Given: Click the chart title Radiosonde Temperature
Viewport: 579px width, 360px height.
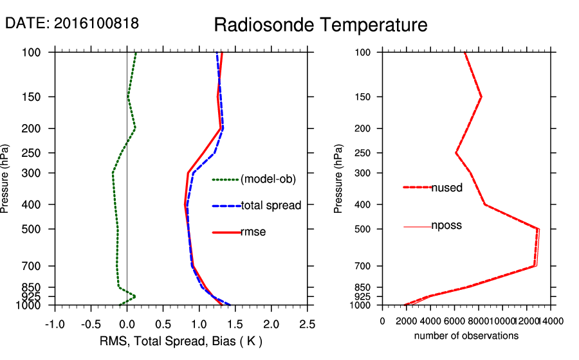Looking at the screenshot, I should [320, 25].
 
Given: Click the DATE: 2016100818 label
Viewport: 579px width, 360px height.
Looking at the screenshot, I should [72, 23].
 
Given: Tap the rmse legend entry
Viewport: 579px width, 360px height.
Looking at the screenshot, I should [253, 232].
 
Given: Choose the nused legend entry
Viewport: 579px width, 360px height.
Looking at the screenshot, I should [446, 188].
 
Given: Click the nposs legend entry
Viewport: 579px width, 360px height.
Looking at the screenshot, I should [446, 226].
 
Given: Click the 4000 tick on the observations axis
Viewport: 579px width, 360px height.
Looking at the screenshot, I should [430, 321].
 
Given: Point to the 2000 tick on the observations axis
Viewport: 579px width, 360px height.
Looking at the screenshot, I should [407, 321].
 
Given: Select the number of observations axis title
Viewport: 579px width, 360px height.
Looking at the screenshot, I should [466, 336].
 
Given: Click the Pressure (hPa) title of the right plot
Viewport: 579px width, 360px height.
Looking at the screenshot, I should [338, 179].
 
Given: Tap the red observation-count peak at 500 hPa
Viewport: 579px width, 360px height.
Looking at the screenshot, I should [538, 229].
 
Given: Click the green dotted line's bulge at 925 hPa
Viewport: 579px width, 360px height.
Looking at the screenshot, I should [134, 296].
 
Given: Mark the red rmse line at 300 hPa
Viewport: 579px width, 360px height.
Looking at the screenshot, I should [188, 173].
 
